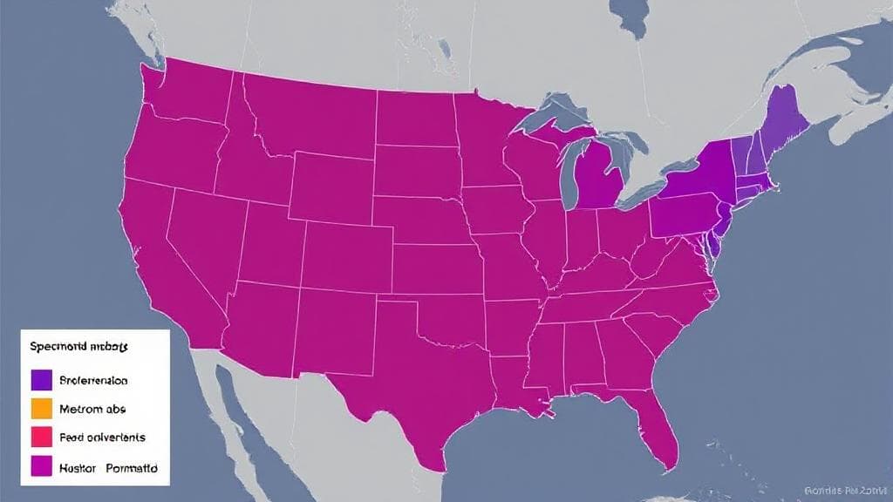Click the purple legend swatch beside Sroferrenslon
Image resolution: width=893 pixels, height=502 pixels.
pos(41,380)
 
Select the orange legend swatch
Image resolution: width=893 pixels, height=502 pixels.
pos(41,408)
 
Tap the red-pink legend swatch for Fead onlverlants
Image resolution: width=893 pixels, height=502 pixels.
pos(41,437)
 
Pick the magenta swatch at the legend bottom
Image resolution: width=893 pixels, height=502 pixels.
pos(41,467)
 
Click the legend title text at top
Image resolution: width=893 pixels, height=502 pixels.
pos(78,346)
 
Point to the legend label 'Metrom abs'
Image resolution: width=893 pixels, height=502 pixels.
pos(90,408)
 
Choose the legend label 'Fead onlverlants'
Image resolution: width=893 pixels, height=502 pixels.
pos(102,437)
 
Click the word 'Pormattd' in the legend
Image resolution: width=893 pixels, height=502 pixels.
pos(133,467)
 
